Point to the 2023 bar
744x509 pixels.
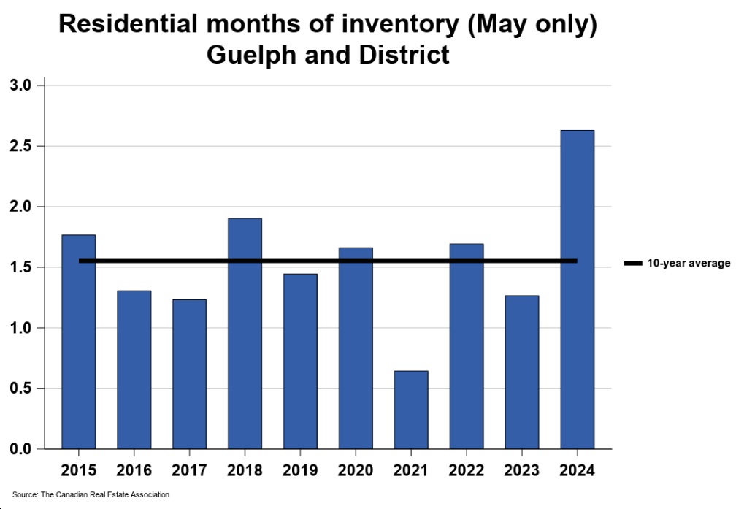coord(521,372)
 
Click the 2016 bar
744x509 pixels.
coord(134,370)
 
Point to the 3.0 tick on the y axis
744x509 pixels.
coord(20,86)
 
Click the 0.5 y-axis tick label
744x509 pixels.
coord(20,389)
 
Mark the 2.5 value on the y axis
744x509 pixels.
coord(20,147)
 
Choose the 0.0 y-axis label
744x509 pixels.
coord(20,449)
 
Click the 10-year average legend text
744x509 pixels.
coord(689,263)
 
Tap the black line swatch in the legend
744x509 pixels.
coord(632,263)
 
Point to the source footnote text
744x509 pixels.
coord(91,495)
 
